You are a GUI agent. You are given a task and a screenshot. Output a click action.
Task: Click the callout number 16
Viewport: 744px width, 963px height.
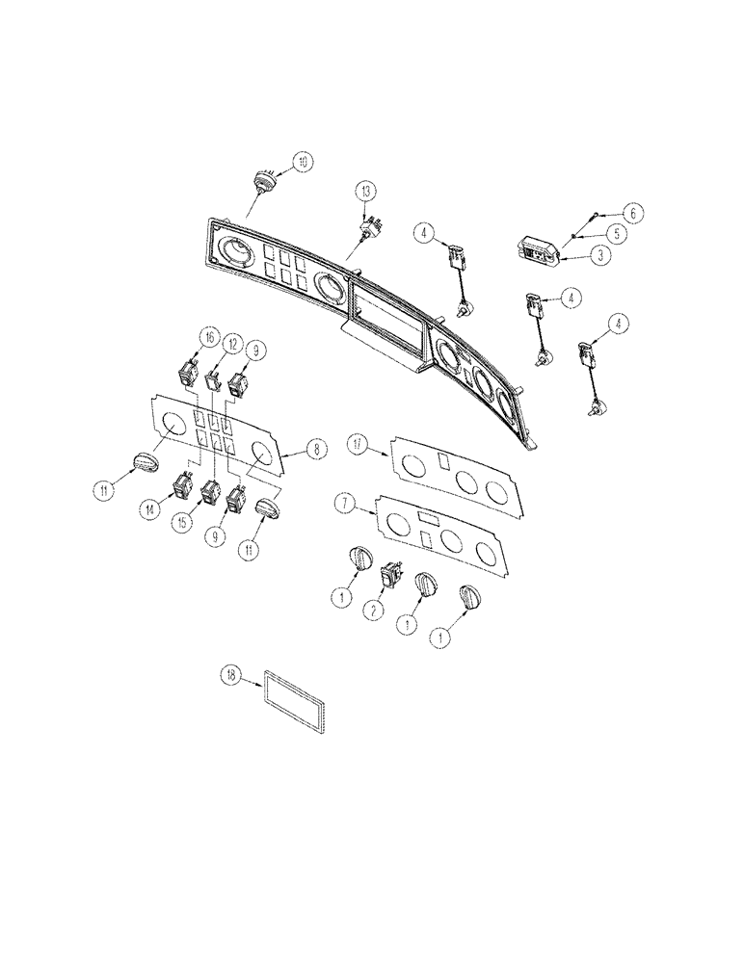point(207,336)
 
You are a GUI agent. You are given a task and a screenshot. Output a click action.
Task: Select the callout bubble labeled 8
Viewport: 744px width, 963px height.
point(313,447)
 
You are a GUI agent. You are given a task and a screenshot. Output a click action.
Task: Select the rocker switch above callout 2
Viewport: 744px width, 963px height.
point(391,576)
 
